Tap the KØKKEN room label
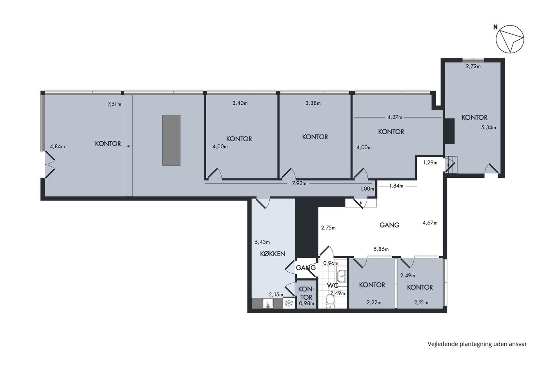[273, 254]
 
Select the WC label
[333, 286]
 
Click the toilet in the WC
[330, 302]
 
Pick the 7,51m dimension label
[115, 104]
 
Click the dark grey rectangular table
[171, 140]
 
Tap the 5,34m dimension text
[489, 127]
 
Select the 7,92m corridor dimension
[299, 183]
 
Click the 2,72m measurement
[473, 66]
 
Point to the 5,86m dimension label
[381, 249]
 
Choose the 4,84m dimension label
[57, 147]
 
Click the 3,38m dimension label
[313, 103]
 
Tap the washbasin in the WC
[342, 276]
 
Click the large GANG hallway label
[389, 225]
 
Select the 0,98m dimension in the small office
[306, 303]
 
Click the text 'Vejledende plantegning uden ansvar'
[477, 344]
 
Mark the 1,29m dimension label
[431, 162]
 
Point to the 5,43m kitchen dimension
[262, 242]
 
